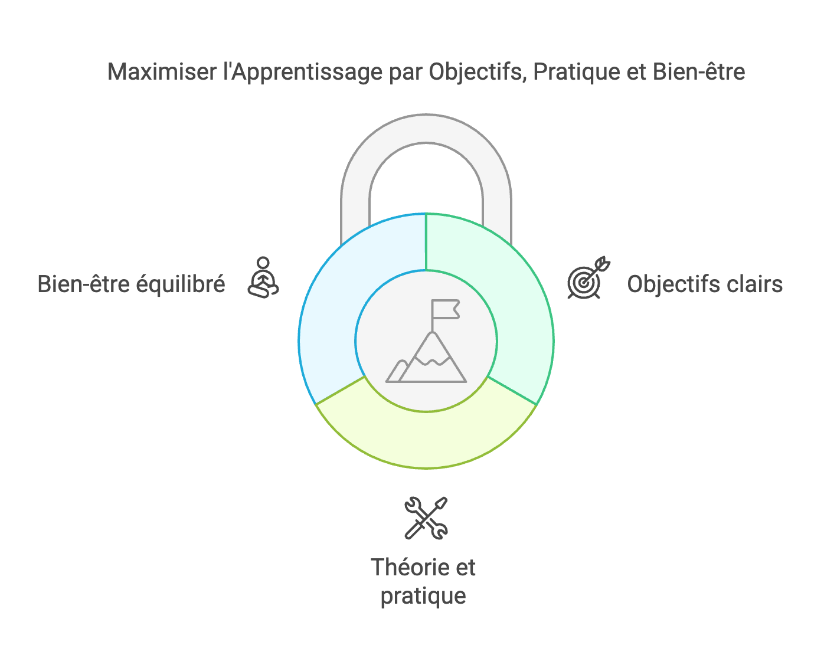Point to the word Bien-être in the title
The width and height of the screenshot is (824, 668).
point(699,72)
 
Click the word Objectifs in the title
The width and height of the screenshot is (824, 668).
point(475,72)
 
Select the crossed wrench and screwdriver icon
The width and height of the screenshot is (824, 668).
point(426,518)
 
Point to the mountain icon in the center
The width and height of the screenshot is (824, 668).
point(426,357)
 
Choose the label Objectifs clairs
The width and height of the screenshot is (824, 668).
point(705,284)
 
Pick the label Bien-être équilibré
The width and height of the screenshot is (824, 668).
point(131,284)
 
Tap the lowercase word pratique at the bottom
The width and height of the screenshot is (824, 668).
point(423,596)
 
